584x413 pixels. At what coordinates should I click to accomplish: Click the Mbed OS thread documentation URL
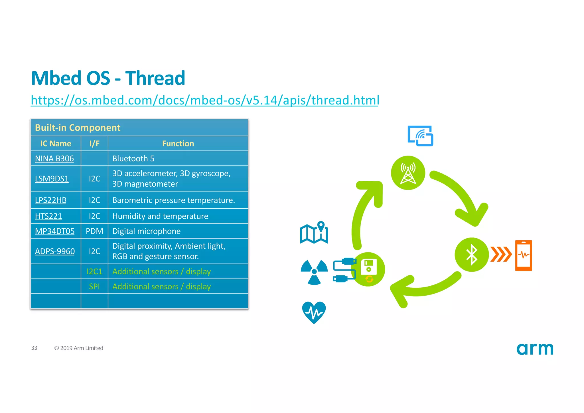pos(204,100)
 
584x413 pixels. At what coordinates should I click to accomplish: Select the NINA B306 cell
pos(54,158)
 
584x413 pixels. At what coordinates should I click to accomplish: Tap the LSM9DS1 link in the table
pos(52,179)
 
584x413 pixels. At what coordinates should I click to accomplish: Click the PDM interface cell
pos(94,231)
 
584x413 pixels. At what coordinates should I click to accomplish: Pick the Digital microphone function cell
pos(146,231)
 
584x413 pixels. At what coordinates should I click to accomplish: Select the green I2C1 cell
pos(94,271)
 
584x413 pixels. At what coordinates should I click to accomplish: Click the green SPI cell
pos(94,286)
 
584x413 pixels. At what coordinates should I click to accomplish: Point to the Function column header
pos(178,144)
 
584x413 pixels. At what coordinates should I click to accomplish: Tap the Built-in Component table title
pos(78,128)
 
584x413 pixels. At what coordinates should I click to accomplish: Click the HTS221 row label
pos(48,216)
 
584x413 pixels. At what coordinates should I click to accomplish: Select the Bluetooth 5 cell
pos(133,158)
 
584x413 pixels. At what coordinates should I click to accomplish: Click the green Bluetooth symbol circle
pos(472,255)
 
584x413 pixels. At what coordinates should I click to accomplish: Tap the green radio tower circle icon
pos(408,173)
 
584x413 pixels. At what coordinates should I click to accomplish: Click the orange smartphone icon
pos(524,255)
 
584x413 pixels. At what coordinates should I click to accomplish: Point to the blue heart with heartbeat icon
pos(314,312)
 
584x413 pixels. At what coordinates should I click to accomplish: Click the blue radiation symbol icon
pos(314,272)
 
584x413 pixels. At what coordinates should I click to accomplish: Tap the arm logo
pos(535,349)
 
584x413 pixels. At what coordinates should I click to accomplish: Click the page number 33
pos(34,348)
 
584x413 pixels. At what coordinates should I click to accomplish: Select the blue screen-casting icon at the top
pos(420,136)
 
